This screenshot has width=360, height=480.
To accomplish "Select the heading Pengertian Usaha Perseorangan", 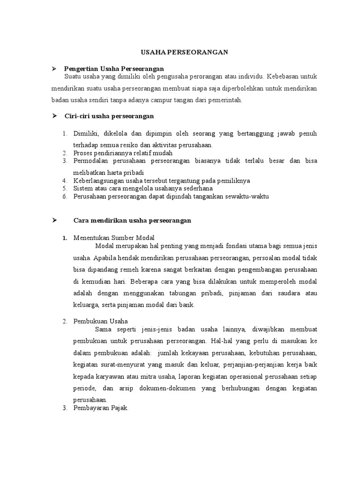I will click(114, 69).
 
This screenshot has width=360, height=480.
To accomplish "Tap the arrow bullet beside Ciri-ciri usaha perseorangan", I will click(54, 115).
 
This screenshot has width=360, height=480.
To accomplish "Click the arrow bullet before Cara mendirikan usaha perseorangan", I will click(54, 220).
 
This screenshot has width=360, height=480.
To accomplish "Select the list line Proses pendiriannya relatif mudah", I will click(123, 153).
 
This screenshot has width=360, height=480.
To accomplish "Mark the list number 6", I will click(65, 196).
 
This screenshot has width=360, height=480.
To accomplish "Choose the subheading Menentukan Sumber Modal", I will click(114, 238).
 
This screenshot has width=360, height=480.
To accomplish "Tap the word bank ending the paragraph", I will click(187, 305).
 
